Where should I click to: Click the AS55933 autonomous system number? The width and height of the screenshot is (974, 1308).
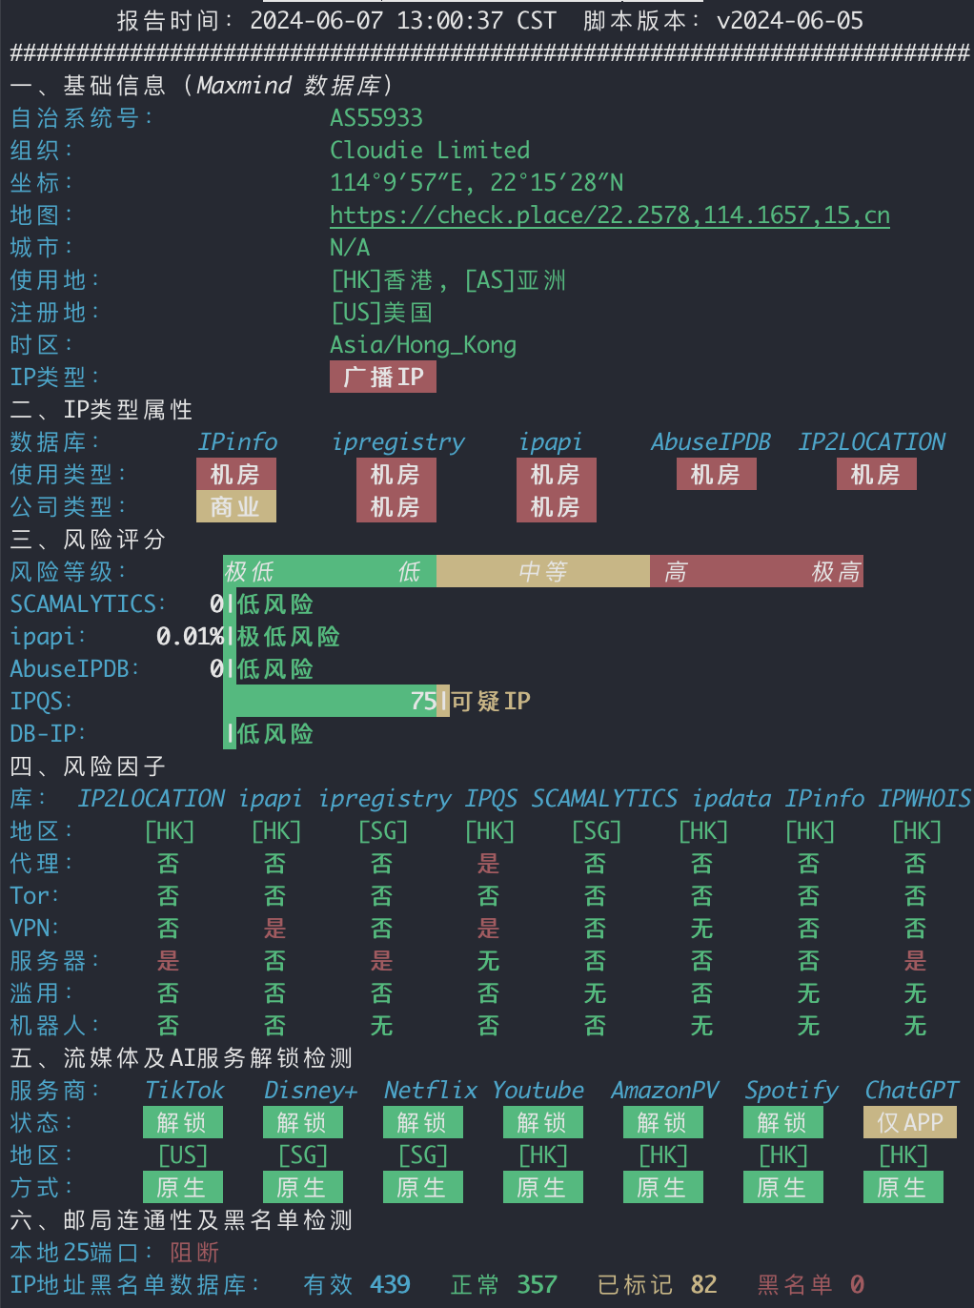pyautogui.click(x=376, y=118)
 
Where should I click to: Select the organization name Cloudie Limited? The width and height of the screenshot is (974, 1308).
pyautogui.click(x=430, y=151)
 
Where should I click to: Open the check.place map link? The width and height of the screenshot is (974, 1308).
pyautogui.click(x=610, y=215)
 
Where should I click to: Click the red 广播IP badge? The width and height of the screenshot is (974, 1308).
pyautogui.click(x=383, y=377)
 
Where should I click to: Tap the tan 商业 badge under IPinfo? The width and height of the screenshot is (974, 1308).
pyautogui.click(x=235, y=506)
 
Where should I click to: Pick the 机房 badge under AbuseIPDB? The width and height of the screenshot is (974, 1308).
pyautogui.click(x=716, y=474)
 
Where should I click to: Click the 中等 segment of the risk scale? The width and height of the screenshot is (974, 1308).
pyautogui.click(x=543, y=571)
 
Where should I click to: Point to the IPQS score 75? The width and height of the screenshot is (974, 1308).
pyautogui.click(x=423, y=701)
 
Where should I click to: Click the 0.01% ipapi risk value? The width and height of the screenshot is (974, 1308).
pyautogui.click(x=190, y=636)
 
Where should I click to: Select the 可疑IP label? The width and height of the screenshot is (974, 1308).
pyautogui.click(x=491, y=701)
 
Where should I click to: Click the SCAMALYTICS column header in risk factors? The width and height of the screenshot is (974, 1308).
pyautogui.click(x=604, y=799)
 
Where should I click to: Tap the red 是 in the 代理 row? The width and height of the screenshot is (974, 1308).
pyautogui.click(x=489, y=864)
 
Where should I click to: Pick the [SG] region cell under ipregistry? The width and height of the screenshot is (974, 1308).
pyautogui.click(x=383, y=831)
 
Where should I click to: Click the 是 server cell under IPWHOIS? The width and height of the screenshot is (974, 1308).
pyautogui.click(x=916, y=961)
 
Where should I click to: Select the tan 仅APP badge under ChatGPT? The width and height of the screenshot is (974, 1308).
pyautogui.click(x=910, y=1122)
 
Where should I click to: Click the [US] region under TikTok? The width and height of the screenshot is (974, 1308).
pyautogui.click(x=183, y=1155)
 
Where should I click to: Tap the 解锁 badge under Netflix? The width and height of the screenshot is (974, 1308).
pyautogui.click(x=423, y=1122)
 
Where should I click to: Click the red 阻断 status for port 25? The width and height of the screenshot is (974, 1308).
pyautogui.click(x=195, y=1252)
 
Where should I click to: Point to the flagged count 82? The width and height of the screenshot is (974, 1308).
pyautogui.click(x=704, y=1284)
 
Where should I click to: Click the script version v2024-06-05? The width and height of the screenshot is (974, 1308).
pyautogui.click(x=790, y=21)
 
